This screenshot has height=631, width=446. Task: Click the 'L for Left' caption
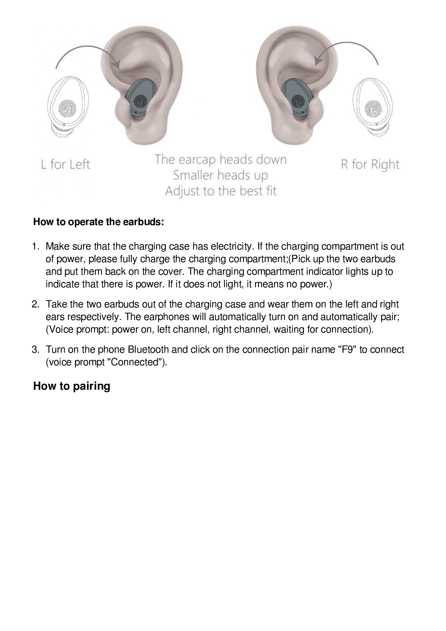65,165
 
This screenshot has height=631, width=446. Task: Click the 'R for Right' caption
370,165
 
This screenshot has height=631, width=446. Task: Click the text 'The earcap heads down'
221,159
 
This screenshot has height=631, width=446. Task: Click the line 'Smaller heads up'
221,175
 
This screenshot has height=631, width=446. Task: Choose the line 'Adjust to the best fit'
221,191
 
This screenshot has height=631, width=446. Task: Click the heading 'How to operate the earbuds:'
99,222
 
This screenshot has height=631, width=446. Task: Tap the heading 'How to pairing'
72,386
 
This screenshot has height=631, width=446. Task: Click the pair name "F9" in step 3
347,349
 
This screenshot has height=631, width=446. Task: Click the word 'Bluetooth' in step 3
148,349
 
